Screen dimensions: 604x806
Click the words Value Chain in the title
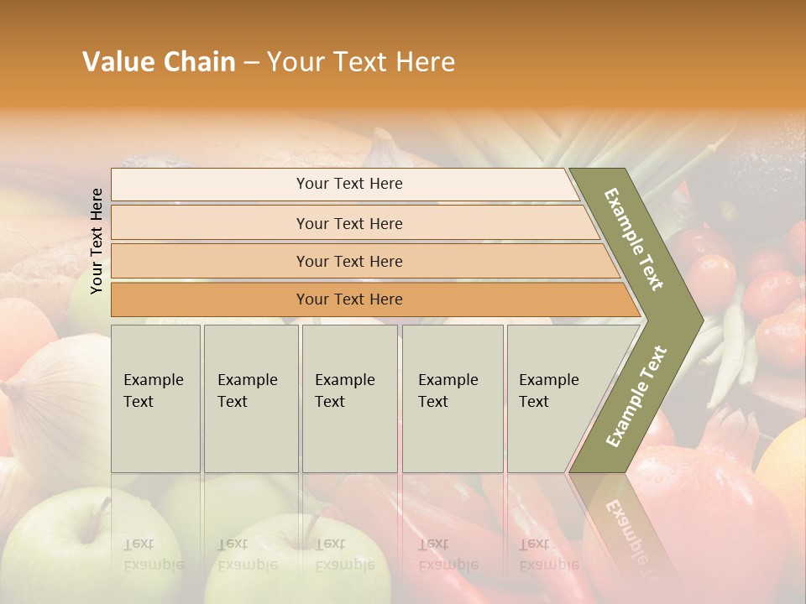point(159,62)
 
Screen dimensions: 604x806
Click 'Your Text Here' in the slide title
point(361,62)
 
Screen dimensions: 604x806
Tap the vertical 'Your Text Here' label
point(97,241)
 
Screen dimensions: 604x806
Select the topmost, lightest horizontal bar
point(344,185)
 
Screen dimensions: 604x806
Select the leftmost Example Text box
point(155,398)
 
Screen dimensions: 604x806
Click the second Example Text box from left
point(250,398)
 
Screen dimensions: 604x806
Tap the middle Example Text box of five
point(349,398)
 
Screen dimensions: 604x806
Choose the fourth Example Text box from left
point(453,398)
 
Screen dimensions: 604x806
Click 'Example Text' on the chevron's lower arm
point(636,397)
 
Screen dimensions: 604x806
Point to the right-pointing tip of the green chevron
point(699,320)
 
